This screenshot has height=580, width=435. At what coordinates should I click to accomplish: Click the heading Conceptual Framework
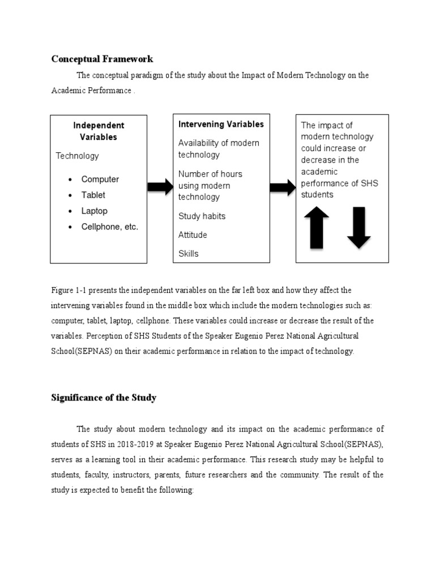102,59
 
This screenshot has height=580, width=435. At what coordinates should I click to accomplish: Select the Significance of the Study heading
104,398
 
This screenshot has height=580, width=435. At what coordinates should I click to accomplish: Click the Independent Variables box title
99,131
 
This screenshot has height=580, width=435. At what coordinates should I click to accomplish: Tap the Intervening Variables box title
221,124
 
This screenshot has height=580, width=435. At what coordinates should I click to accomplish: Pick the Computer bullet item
100,180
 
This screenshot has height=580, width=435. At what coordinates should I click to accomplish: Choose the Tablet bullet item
93,195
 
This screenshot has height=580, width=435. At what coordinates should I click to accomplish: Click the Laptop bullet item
95,211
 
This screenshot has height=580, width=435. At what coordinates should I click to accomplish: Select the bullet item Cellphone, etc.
110,227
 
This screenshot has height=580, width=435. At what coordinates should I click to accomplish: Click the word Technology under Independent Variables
77,156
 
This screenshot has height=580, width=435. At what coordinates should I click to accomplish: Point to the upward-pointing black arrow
317,227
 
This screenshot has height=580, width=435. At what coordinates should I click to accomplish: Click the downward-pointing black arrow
359,227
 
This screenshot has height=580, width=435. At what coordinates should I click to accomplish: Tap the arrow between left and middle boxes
160,187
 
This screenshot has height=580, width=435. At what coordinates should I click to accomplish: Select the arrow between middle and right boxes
283,187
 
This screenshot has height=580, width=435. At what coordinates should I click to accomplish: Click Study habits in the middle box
202,216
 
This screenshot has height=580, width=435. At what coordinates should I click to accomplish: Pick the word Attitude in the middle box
193,235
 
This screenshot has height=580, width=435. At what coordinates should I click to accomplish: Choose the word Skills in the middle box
189,254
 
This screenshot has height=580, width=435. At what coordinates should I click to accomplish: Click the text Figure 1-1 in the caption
67,290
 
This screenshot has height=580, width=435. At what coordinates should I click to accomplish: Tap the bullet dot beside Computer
70,180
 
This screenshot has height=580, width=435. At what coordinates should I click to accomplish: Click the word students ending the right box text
317,195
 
